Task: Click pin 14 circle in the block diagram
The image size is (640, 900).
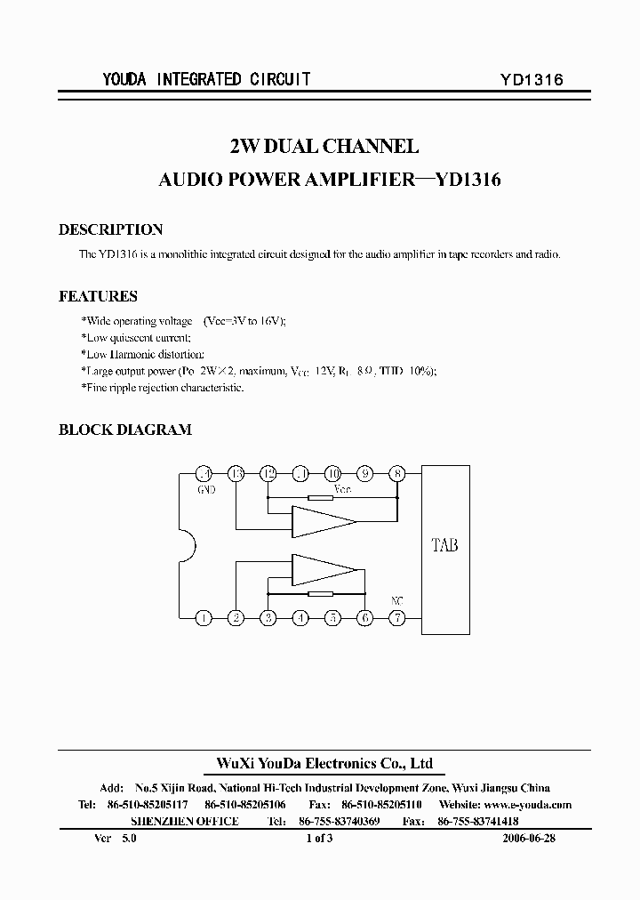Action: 204,473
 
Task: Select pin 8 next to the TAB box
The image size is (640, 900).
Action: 397,473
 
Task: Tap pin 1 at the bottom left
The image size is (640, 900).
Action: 204,617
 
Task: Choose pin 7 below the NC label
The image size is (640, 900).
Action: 397,617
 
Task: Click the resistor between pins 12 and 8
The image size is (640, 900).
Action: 320,497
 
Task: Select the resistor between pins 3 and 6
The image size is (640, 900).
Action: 320,593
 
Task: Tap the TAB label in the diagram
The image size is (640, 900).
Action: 444,545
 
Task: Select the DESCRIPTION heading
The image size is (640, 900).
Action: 110,229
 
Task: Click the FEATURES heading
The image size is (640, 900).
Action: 98,296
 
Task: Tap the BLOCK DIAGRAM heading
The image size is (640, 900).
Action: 124,430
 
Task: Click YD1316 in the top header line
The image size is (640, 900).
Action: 532,79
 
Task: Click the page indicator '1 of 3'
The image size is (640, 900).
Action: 318,838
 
